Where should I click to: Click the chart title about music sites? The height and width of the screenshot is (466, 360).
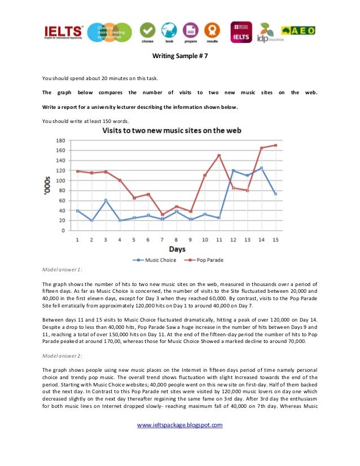172,130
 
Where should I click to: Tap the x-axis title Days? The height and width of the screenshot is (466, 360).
176,249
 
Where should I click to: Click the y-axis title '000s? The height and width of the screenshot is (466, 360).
48,185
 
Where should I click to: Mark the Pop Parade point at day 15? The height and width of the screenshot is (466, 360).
275,145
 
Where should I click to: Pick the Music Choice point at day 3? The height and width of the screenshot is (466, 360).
106,200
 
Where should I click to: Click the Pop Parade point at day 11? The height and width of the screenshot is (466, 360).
218,155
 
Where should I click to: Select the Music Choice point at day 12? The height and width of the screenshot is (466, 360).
232,170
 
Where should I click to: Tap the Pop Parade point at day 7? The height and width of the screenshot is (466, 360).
162,214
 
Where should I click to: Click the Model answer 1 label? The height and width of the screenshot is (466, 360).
63,270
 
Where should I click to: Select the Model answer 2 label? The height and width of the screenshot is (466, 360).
63,357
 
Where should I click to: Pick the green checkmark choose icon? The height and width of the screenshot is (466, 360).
147,30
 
